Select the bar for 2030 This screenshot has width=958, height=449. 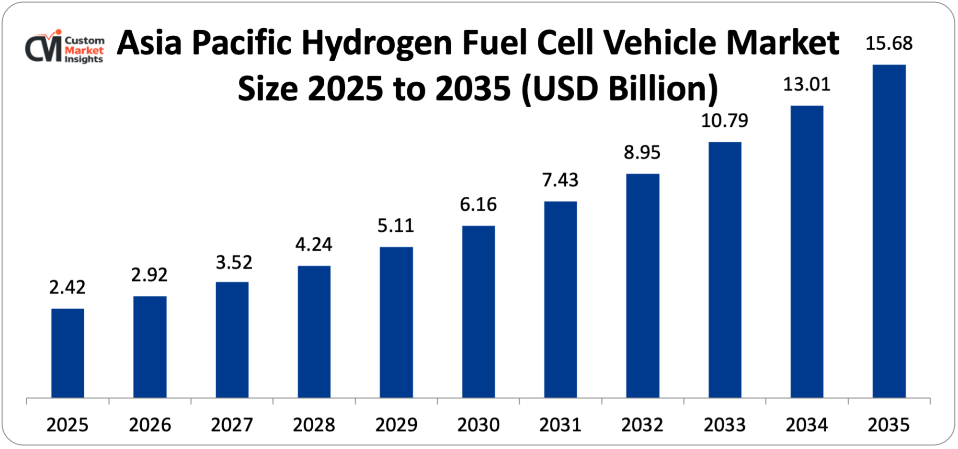(x=478, y=312)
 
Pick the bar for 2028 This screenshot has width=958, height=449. (x=314, y=332)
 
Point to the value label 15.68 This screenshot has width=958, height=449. (x=889, y=44)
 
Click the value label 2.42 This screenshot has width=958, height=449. (x=68, y=287)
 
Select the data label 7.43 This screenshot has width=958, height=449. (x=560, y=180)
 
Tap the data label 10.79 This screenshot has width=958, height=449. (x=725, y=121)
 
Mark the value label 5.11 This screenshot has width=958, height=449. (x=396, y=225)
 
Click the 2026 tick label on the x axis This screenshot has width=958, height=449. (x=150, y=425)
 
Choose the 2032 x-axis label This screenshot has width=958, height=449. (x=642, y=425)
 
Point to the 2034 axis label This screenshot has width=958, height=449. (x=807, y=425)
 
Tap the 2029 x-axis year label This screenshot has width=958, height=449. (x=396, y=425)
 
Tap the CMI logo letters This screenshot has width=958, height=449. (x=44, y=48)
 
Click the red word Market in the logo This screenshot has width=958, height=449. (x=84, y=50)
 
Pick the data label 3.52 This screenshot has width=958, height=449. (x=234, y=262)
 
